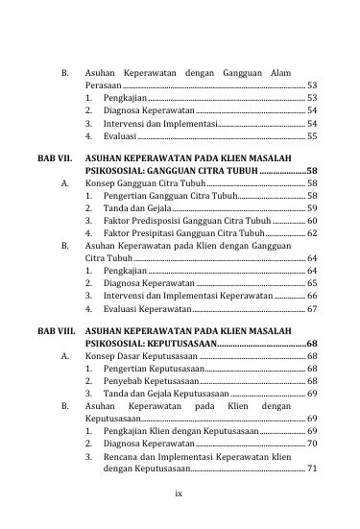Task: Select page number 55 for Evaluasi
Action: click(x=312, y=136)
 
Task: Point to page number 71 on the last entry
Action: click(x=312, y=469)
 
